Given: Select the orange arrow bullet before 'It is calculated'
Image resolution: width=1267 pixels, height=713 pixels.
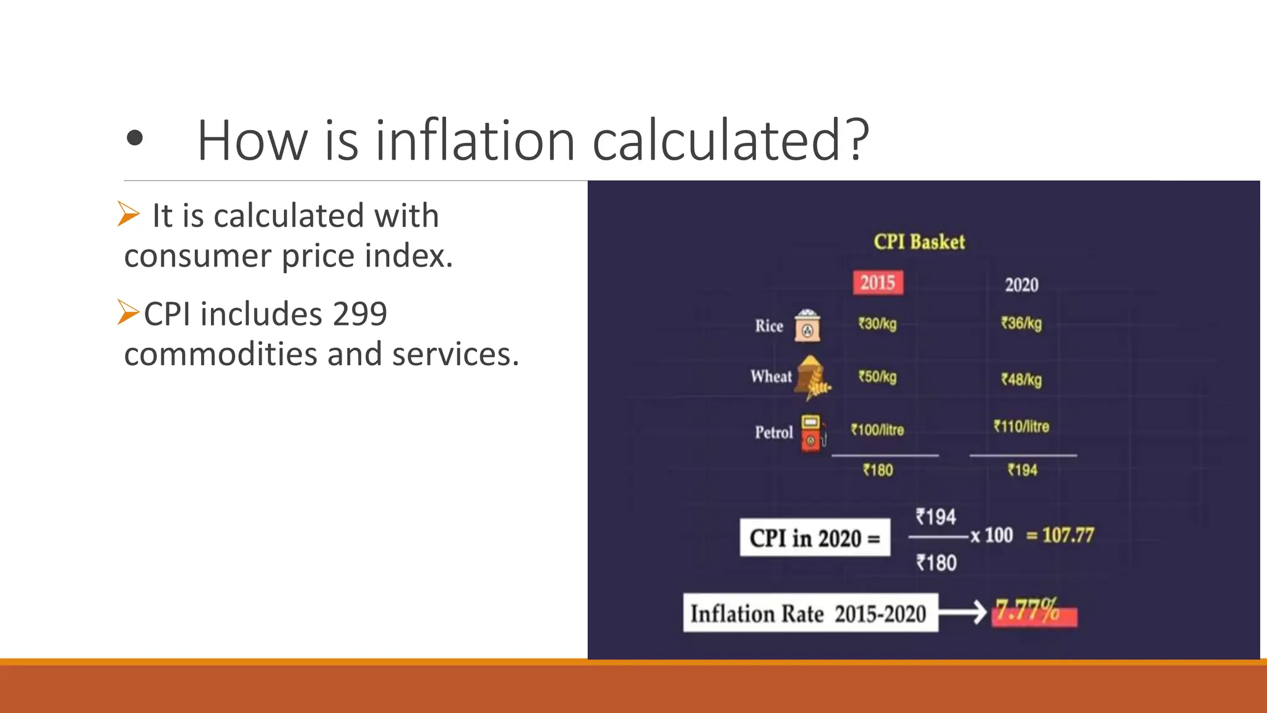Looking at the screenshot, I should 129,214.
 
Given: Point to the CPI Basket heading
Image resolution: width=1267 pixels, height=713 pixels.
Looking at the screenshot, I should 919,241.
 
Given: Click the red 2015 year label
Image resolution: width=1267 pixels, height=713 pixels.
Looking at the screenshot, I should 877,283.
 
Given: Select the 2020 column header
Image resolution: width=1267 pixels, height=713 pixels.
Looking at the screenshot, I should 1021,285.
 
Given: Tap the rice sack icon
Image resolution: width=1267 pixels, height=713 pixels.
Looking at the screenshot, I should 807,326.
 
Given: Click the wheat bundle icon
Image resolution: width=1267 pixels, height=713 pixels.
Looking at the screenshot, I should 812,376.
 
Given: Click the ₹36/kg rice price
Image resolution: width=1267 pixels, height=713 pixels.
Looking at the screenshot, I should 1021,324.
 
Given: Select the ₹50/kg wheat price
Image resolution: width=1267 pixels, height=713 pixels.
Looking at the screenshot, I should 877,377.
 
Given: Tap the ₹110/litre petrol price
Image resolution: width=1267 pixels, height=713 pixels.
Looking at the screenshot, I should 1021,426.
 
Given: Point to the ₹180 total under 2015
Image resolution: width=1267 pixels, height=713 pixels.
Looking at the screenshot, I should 878,470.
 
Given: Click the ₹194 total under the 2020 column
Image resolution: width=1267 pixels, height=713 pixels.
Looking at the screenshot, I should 1022,470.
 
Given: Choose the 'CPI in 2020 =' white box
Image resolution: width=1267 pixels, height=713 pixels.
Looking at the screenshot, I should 815,538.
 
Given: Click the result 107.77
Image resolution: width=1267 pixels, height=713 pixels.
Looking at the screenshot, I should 1068,535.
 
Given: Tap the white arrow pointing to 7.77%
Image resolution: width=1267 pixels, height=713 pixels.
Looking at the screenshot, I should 963,613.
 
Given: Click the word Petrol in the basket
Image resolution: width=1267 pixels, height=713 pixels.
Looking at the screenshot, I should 773,432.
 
